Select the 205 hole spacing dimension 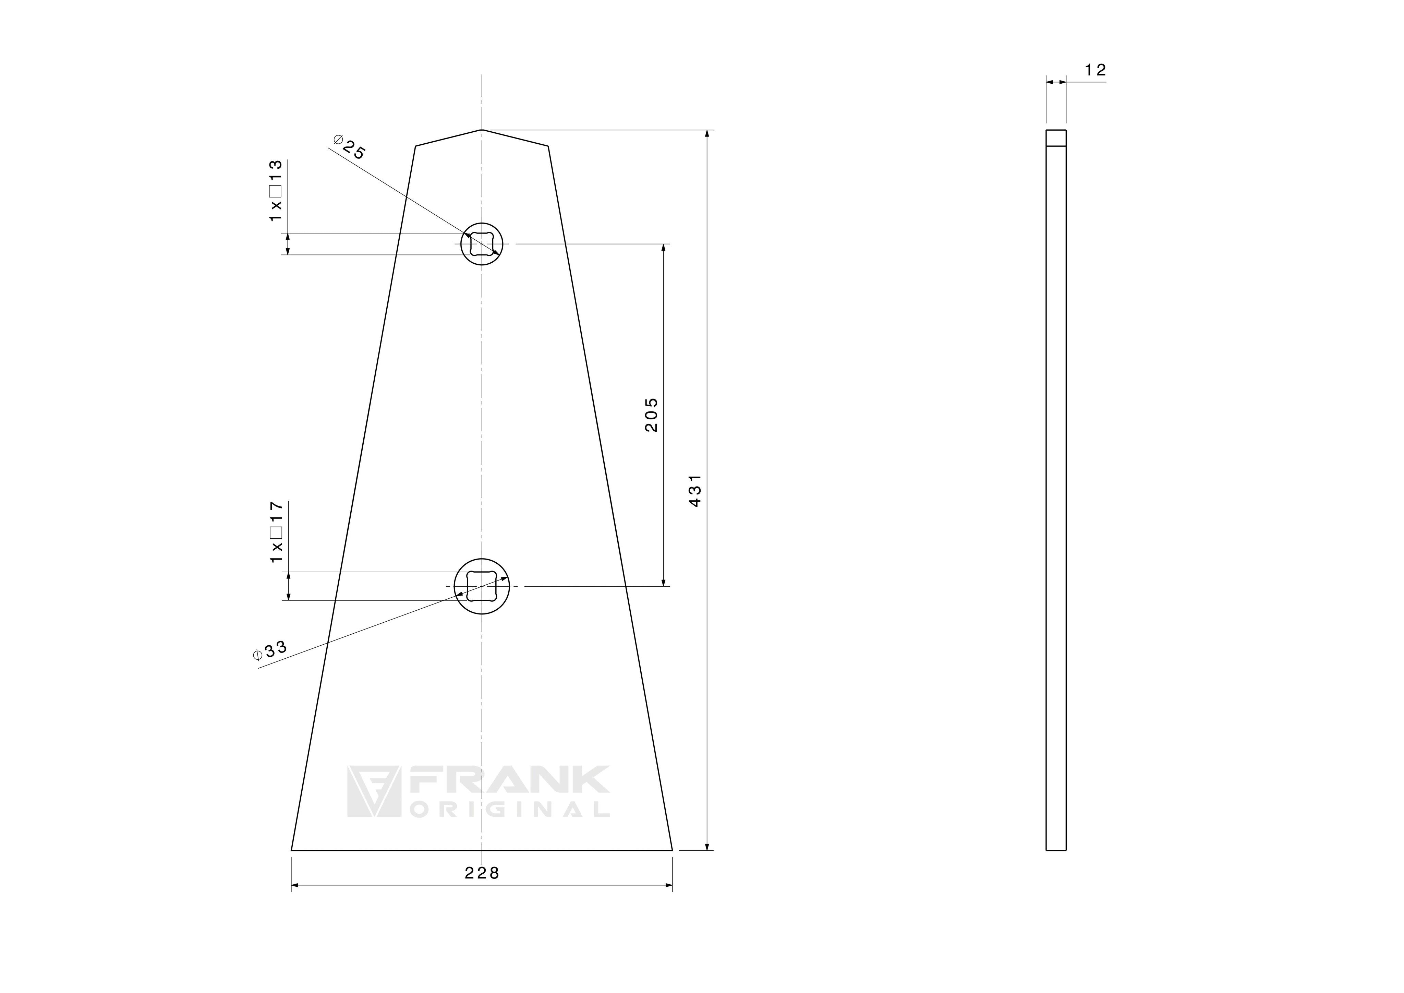tap(652, 415)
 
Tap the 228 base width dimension tap(482, 873)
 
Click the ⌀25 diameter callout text tap(349, 147)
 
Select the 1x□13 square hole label tap(276, 191)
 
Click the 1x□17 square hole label tap(276, 532)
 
